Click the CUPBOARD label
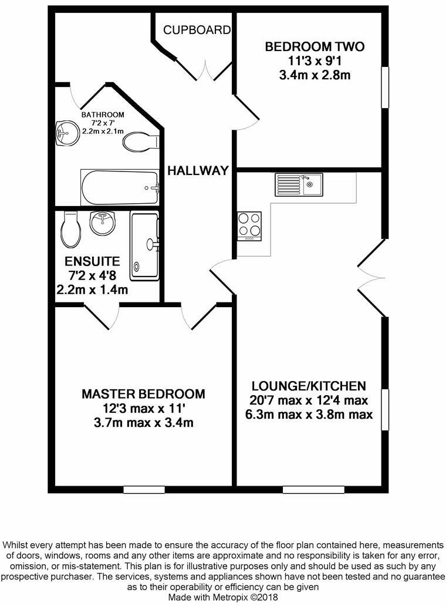point(197,29)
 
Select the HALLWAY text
point(197,171)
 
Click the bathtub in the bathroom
point(120,187)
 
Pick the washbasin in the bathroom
point(66,133)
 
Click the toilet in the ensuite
point(70,230)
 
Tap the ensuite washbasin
point(103,224)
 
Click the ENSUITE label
point(92,261)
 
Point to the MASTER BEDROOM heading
point(143,393)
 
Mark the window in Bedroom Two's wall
point(386,87)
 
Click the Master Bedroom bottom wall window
point(144,489)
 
